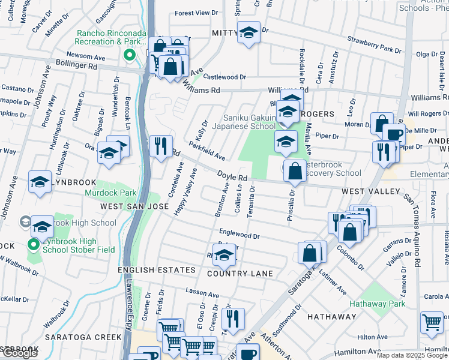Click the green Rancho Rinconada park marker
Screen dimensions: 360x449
(x=128, y=56)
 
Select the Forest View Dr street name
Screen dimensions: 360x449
(x=196, y=13)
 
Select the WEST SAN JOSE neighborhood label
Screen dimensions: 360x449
(x=134, y=206)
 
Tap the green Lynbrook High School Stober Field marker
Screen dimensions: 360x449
(x=33, y=244)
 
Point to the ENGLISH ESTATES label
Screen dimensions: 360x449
(x=157, y=270)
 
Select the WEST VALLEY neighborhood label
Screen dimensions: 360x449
(x=370, y=191)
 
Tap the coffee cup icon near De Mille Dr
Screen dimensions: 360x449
(x=394, y=134)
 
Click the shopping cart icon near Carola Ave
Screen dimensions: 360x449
(x=432, y=322)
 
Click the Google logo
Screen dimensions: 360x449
(x=19, y=353)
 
